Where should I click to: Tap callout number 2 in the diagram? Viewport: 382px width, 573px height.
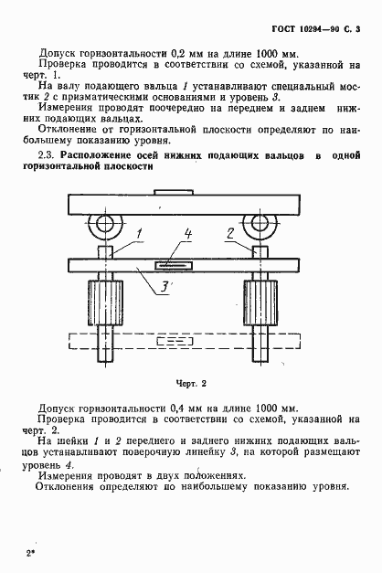(x=230, y=234)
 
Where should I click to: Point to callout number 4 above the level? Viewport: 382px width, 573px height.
(x=186, y=235)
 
